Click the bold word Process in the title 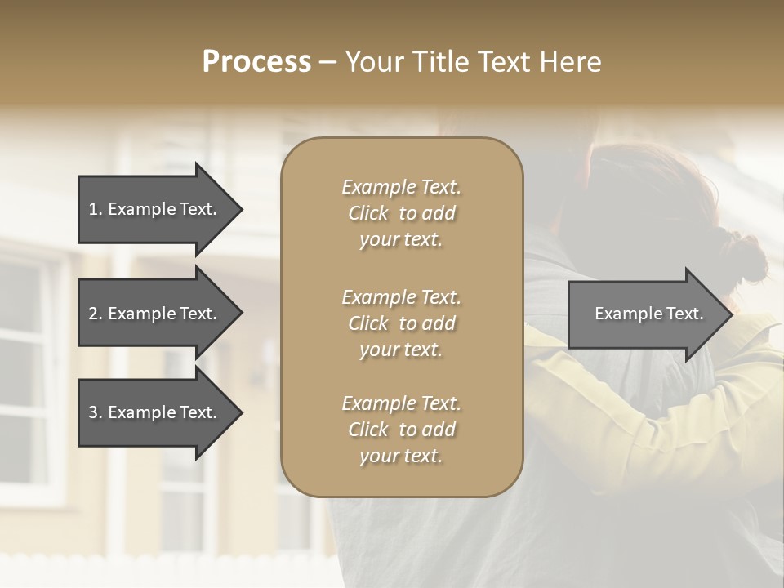click(256, 62)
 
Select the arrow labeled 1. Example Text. click(155, 209)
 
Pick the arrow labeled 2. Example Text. click(155, 314)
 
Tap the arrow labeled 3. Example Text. click(155, 412)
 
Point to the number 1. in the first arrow click(96, 209)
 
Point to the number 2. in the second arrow click(96, 314)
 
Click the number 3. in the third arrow click(96, 412)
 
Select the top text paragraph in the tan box click(401, 213)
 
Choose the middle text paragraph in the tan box click(401, 323)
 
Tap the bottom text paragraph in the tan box click(401, 430)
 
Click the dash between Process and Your click(327, 62)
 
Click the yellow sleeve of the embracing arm click(653, 425)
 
